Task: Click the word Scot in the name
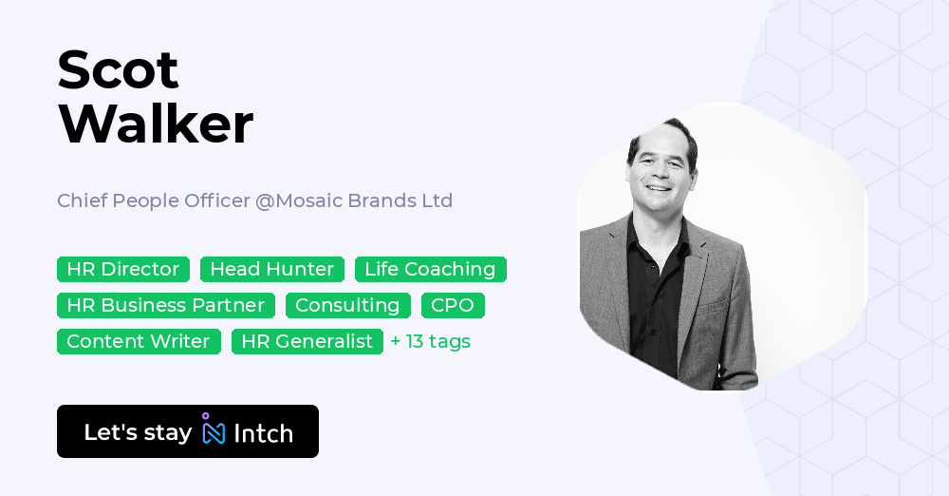pyautogui.click(x=118, y=70)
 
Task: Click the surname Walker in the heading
pyautogui.click(x=156, y=124)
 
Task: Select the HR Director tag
pyautogui.click(x=122, y=270)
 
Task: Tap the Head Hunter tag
pyautogui.click(x=271, y=270)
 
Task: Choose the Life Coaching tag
pyautogui.click(x=430, y=270)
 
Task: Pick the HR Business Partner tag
pyautogui.click(x=165, y=306)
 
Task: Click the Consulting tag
pyautogui.click(x=347, y=306)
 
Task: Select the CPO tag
pyautogui.click(x=453, y=306)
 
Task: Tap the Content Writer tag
pyautogui.click(x=139, y=342)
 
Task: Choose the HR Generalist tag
pyautogui.click(x=307, y=342)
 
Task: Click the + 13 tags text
pyautogui.click(x=430, y=342)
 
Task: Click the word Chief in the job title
pyautogui.click(x=82, y=201)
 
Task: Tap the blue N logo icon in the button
pyautogui.click(x=214, y=432)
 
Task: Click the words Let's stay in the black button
pyautogui.click(x=138, y=432)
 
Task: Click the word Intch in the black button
pyautogui.click(x=263, y=433)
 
